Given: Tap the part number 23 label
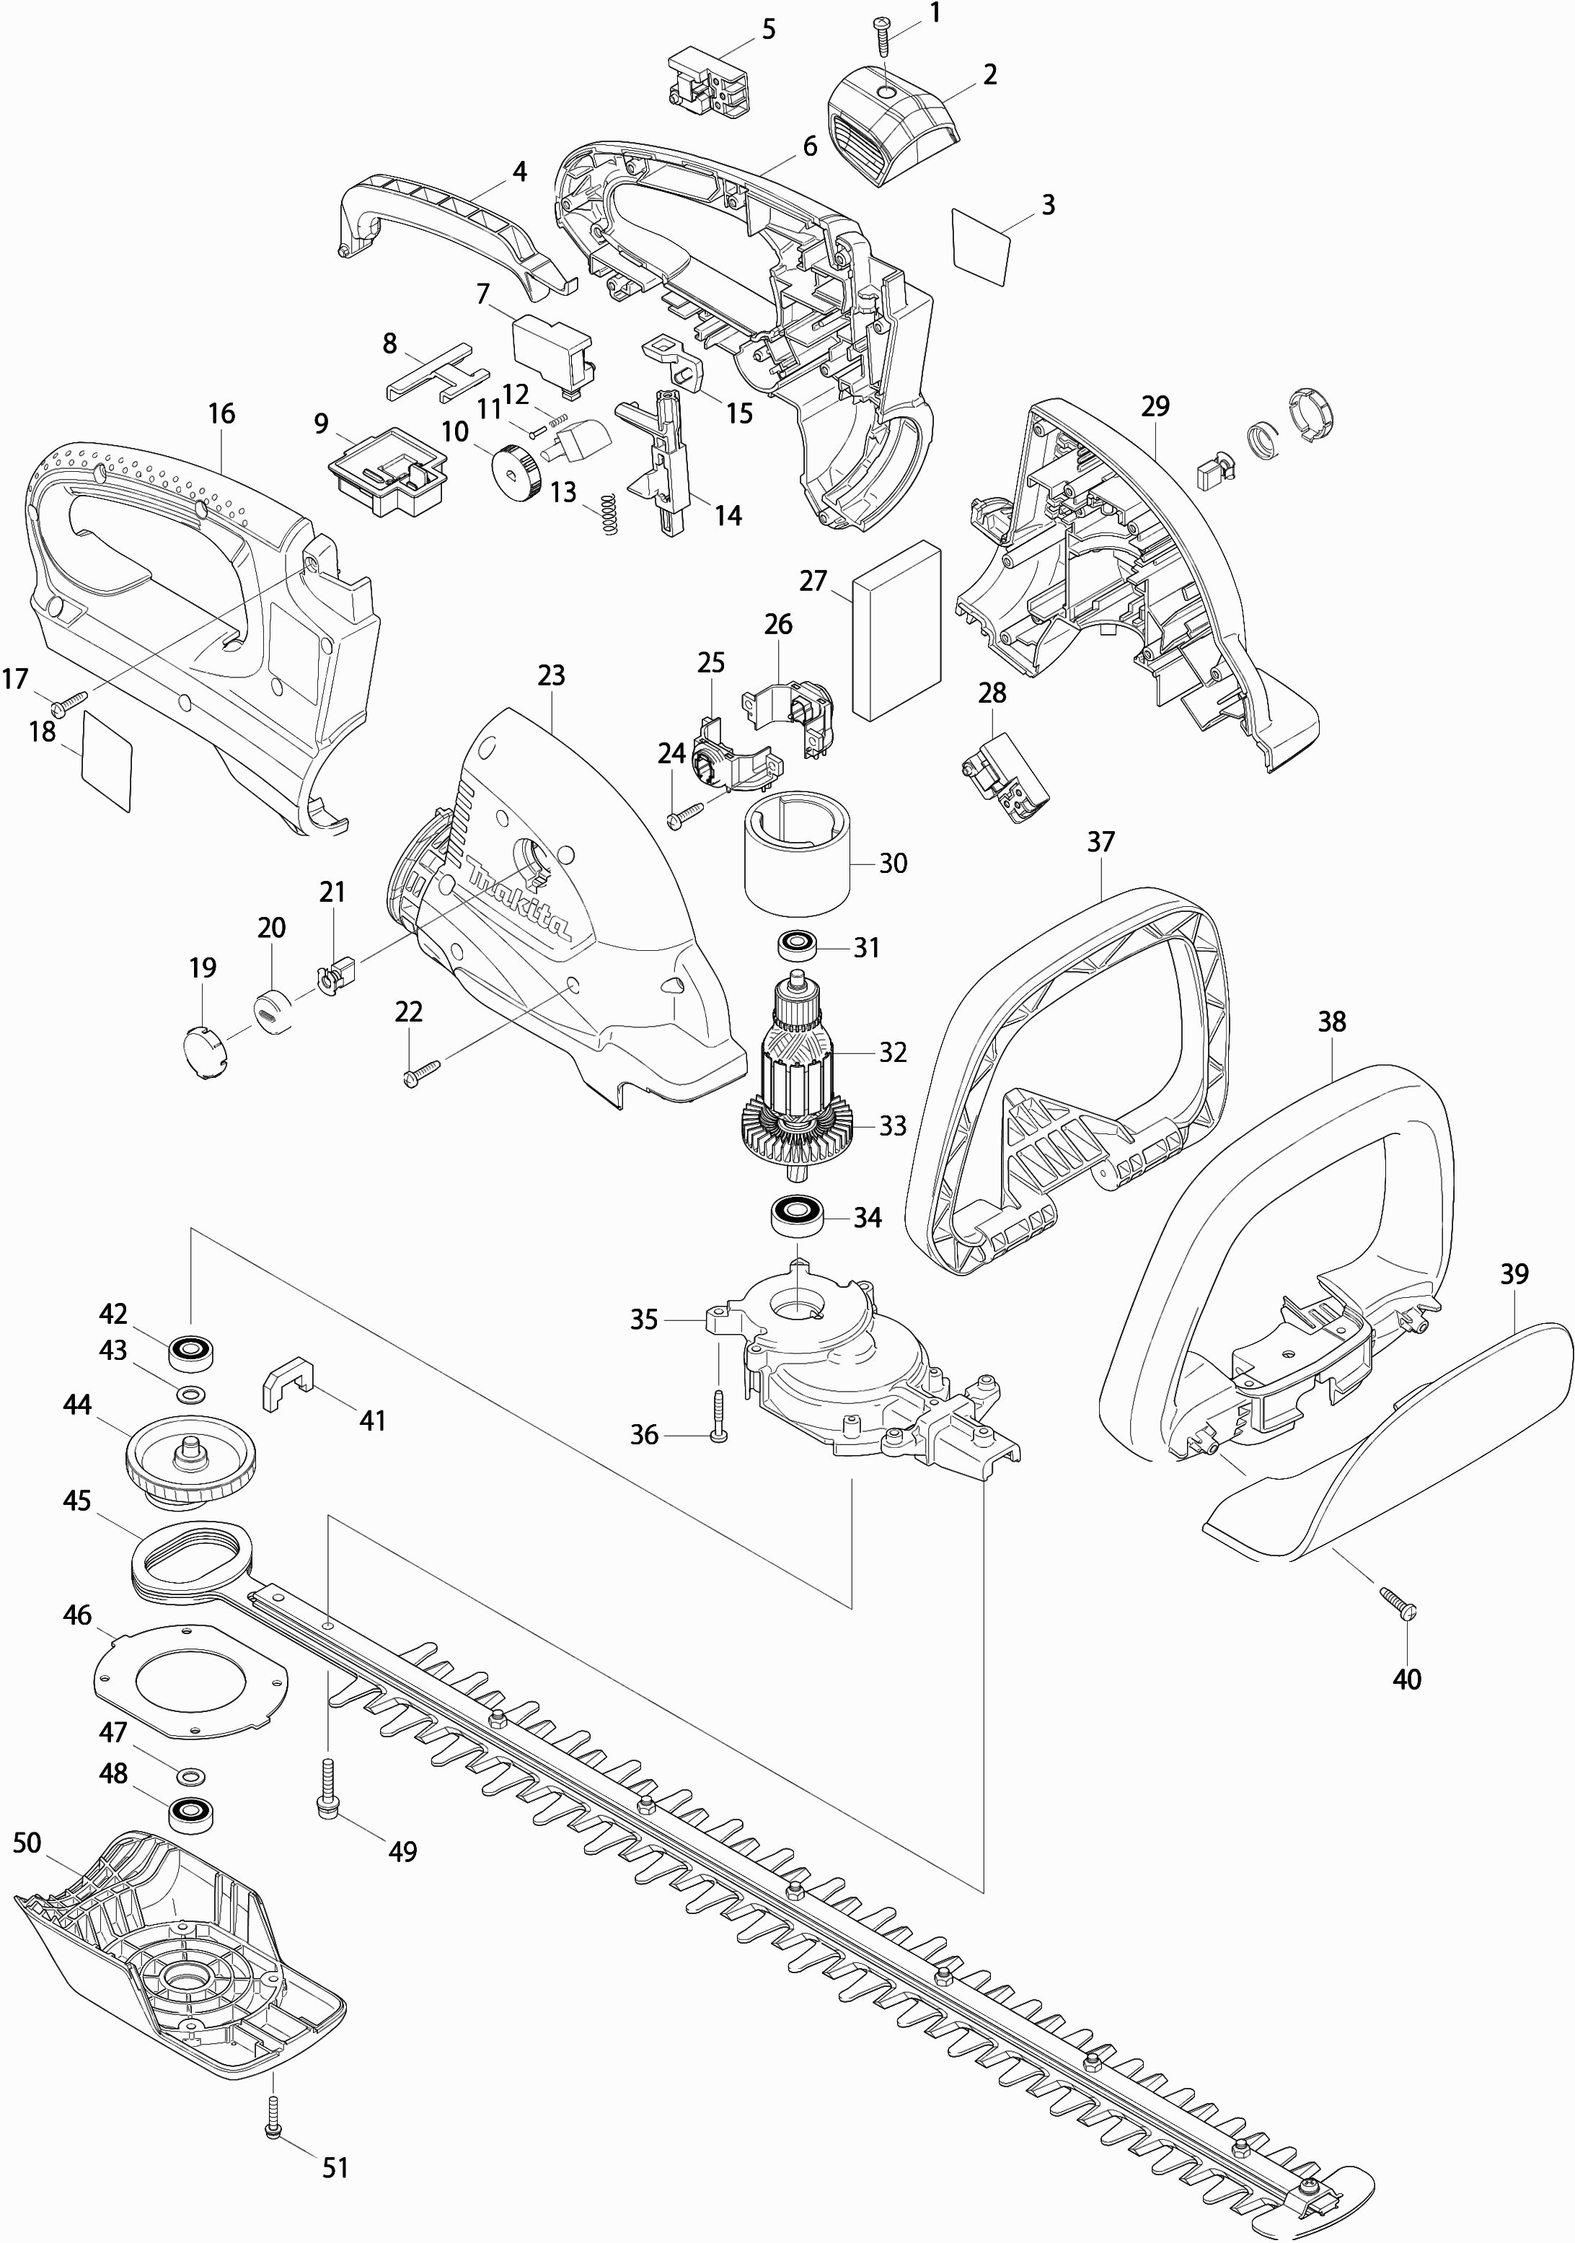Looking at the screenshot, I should (552, 676).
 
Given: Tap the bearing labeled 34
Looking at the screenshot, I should (800, 1216).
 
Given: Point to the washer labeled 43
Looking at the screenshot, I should (190, 1390).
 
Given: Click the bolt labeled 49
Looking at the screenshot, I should (326, 1791).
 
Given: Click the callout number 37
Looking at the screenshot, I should (1100, 842).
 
